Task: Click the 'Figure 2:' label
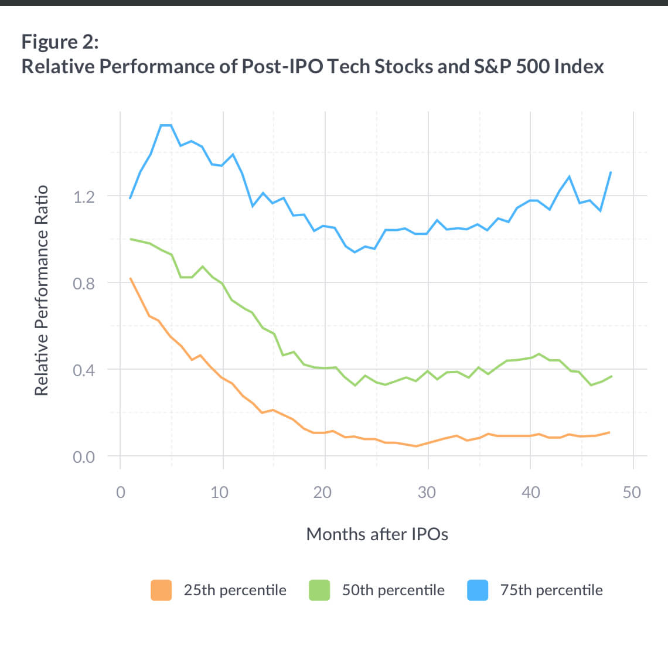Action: click(x=60, y=42)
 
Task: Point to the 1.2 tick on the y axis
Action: click(x=84, y=197)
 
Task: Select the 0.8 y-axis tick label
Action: click(x=84, y=284)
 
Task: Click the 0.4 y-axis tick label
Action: click(x=84, y=370)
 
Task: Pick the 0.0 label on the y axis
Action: click(x=84, y=457)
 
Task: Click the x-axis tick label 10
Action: click(x=220, y=492)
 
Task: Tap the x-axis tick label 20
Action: click(x=322, y=492)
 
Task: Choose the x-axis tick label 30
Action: click(x=427, y=492)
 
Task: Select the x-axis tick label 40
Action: click(x=530, y=492)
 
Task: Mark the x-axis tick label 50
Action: click(x=632, y=492)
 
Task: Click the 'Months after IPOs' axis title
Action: click(x=377, y=534)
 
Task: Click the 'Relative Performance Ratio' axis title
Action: click(x=41, y=291)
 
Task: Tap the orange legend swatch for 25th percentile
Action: click(x=161, y=590)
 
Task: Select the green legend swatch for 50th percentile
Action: click(x=319, y=590)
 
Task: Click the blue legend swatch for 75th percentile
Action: click(x=478, y=590)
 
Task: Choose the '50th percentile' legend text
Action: click(x=393, y=590)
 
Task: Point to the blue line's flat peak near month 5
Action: click(x=166, y=125)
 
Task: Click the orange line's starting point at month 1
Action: click(x=131, y=278)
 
